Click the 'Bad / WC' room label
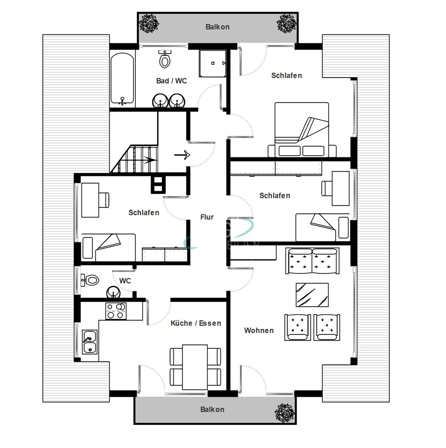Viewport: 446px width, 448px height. [x=171, y=81]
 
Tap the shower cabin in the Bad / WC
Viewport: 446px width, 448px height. [x=212, y=63]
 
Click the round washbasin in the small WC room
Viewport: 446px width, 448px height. [x=113, y=292]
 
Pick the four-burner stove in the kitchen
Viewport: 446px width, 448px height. [x=116, y=311]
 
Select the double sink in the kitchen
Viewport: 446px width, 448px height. [x=90, y=342]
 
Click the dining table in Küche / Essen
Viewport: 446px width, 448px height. [x=195, y=367]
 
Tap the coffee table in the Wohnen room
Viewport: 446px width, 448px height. [x=312, y=295]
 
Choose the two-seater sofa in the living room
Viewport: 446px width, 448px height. [x=312, y=261]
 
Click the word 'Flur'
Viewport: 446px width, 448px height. [x=207, y=217]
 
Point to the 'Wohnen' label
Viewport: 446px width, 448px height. [x=259, y=331]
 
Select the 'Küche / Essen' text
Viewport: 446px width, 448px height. [x=196, y=323]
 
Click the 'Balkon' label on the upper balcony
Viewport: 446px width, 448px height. [x=217, y=27]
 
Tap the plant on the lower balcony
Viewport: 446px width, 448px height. [x=285, y=413]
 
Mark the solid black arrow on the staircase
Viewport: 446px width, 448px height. [x=150, y=160]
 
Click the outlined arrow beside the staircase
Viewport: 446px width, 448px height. [x=183, y=155]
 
